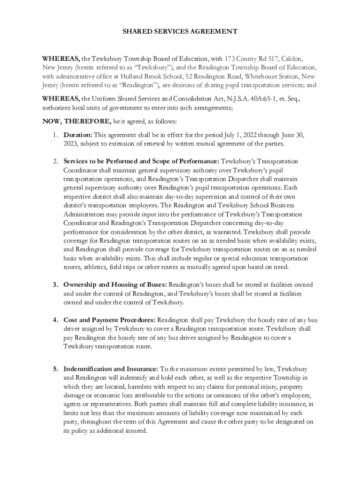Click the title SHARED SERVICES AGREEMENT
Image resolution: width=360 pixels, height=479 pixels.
coord(180,32)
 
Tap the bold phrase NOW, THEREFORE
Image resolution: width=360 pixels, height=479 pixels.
coord(77,122)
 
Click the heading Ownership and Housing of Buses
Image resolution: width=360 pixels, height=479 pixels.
coord(115,284)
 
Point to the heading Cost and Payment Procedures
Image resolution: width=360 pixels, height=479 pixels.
coord(109,320)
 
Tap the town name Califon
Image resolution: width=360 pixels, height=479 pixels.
coord(292,59)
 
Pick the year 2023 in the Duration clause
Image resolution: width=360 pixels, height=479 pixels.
coord(72,143)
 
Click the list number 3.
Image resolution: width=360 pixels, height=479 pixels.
coord(55,284)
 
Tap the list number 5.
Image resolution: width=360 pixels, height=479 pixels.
coord(55,369)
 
